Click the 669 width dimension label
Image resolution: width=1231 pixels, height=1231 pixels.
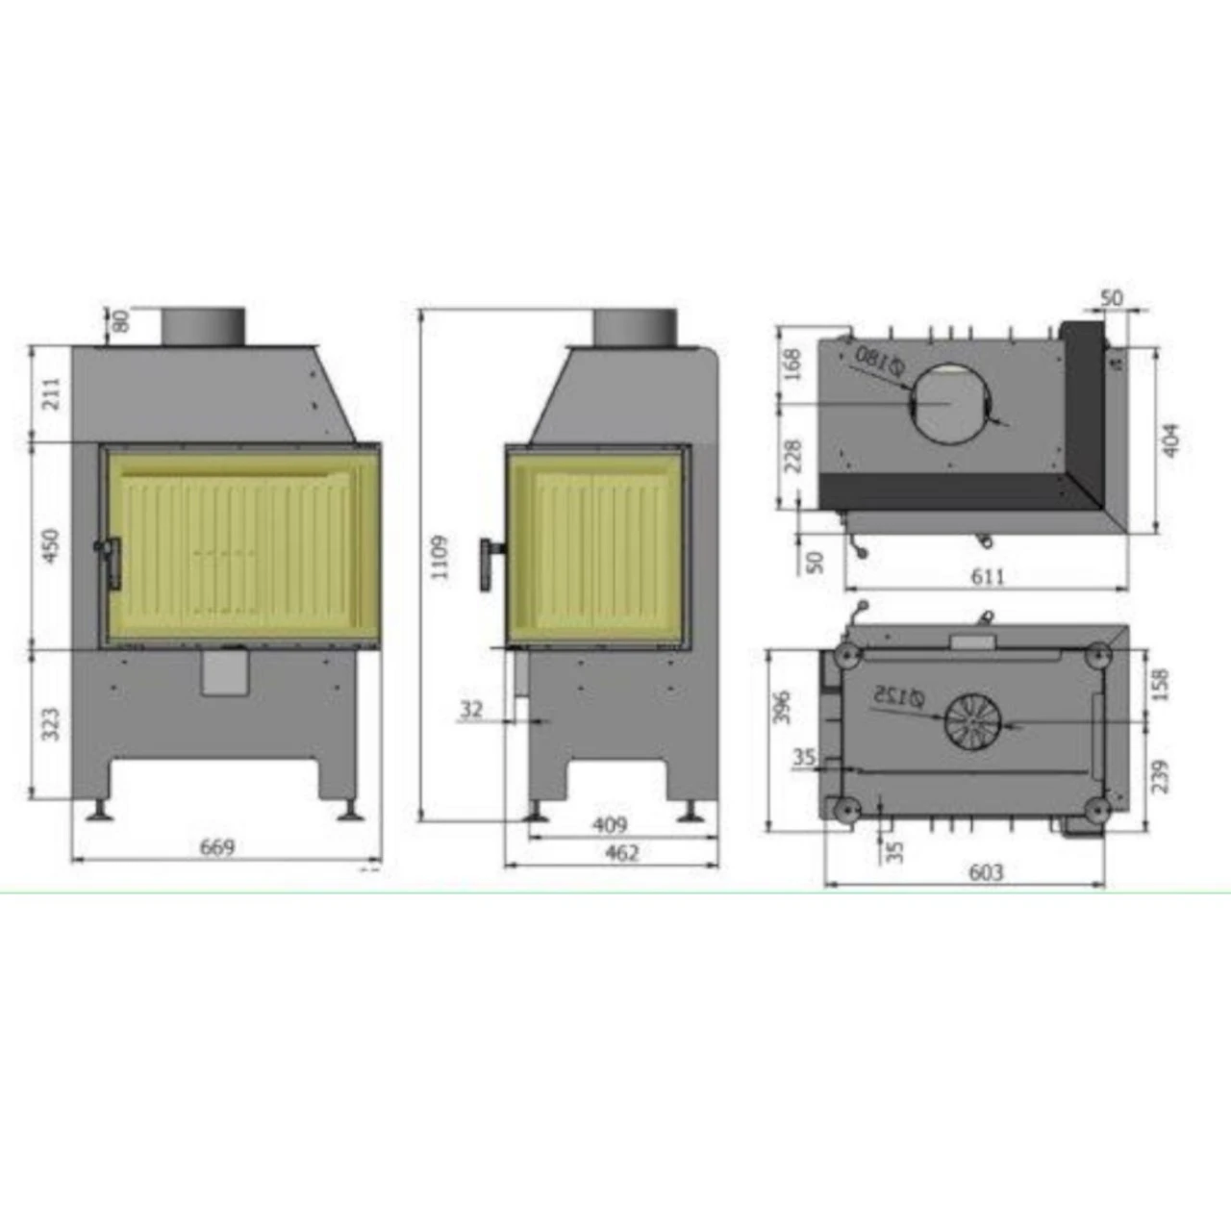click(216, 847)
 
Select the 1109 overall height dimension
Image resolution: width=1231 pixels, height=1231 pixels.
click(439, 557)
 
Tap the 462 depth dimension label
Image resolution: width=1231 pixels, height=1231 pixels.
click(621, 852)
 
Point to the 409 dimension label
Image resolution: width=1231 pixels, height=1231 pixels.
click(609, 824)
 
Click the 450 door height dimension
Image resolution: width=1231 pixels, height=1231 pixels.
click(51, 544)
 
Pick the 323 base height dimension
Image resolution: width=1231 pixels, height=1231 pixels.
click(51, 724)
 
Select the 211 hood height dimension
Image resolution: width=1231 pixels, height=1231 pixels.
click(51, 392)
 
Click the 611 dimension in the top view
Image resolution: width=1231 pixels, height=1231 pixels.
click(988, 576)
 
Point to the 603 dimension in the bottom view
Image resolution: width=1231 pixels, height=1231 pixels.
click(986, 871)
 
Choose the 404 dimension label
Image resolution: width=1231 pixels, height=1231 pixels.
click(1170, 440)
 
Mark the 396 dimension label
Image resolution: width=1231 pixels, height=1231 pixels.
click(783, 707)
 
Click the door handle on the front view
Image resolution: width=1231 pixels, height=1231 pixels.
click(112, 563)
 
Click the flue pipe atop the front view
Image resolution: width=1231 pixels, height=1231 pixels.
click(203, 325)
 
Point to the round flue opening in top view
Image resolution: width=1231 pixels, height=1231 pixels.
click(951, 404)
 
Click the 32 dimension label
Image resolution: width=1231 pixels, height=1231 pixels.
click(471, 710)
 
